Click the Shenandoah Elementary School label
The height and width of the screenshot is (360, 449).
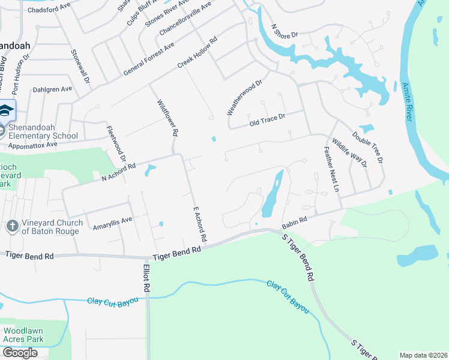(43, 131)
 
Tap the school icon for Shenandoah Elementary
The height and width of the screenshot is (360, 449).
(5, 110)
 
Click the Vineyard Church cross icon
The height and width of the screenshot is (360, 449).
(11, 226)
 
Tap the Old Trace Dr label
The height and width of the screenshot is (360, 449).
(267, 120)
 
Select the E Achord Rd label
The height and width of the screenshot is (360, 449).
(199, 224)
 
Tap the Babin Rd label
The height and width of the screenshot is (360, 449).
(294, 224)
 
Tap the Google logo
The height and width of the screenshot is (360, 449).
(20, 353)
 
